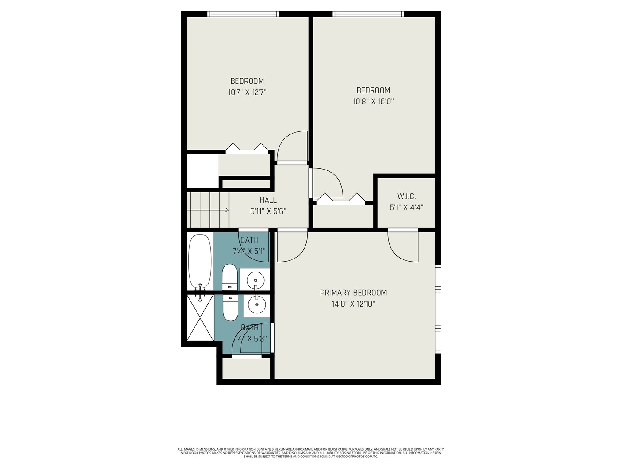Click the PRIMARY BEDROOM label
pyautogui.click(x=353, y=293)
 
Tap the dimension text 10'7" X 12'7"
pyautogui.click(x=247, y=92)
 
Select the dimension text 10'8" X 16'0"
pyautogui.click(x=373, y=102)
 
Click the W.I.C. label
pyautogui.click(x=406, y=196)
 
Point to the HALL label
pyautogui.click(x=268, y=200)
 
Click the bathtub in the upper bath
pyautogui.click(x=199, y=262)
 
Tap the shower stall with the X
pyautogui.click(x=200, y=318)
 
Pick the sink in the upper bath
pyautogui.click(x=256, y=280)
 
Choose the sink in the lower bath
pyautogui.click(x=257, y=304)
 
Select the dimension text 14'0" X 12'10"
pyautogui.click(x=353, y=304)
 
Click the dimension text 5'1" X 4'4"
pyautogui.click(x=406, y=207)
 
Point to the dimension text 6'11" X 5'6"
pyautogui.click(x=268, y=211)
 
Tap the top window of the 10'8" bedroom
pyautogui.click(x=368, y=14)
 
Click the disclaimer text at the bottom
pyautogui.click(x=311, y=453)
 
